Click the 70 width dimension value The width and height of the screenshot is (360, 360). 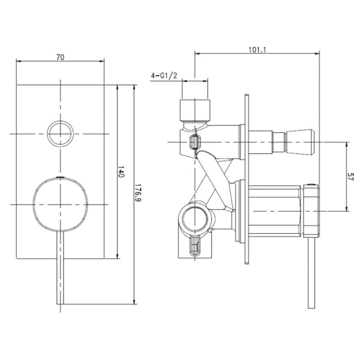[x=60, y=57]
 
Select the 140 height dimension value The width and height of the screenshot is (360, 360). [x=121, y=171]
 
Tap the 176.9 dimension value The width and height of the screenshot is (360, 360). [x=138, y=193]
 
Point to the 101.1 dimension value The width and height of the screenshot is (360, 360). [x=257, y=50]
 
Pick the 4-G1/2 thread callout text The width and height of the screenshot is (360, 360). [x=164, y=76]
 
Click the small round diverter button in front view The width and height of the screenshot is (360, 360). [x=60, y=134]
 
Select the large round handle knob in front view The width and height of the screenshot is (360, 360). [x=60, y=204]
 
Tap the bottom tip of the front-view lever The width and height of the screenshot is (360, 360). [x=60, y=304]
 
